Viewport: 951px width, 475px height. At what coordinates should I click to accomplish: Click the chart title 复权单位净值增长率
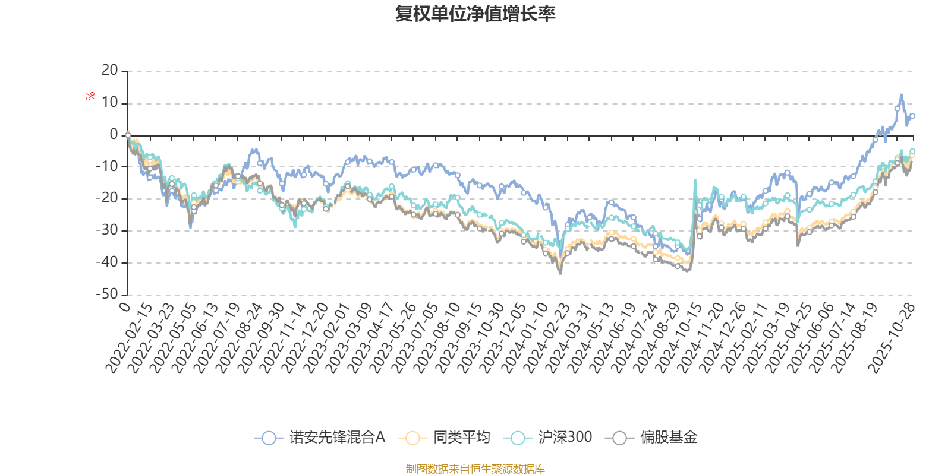tap(475, 14)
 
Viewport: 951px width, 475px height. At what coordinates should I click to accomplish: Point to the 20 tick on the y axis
tap(110, 71)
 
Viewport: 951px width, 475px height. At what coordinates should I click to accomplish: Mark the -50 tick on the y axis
tap(107, 294)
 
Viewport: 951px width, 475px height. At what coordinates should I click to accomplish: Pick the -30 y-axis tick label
tap(107, 230)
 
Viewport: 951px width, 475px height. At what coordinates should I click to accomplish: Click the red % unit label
tap(90, 96)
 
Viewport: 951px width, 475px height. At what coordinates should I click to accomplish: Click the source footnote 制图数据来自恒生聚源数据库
tap(475, 469)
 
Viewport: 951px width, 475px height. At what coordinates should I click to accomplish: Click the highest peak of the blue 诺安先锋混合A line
tap(901, 94)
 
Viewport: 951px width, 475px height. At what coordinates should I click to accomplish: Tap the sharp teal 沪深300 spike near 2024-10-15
tap(695, 180)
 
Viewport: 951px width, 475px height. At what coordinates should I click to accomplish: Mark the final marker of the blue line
tap(912, 116)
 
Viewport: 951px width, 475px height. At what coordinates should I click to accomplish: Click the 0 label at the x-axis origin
tap(124, 306)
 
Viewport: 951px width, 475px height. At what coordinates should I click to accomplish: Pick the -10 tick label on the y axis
tap(107, 166)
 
